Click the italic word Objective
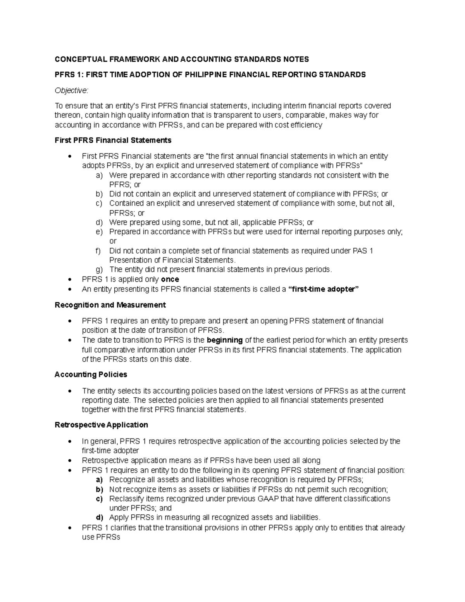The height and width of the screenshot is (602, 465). click(71, 90)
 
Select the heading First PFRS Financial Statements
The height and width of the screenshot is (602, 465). click(113, 140)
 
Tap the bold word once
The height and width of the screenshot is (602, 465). click(170, 279)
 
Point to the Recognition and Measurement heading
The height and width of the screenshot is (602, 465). click(110, 305)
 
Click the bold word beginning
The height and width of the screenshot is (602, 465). click(225, 340)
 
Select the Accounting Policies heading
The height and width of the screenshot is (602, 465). click(91, 375)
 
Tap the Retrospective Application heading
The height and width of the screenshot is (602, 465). click(101, 425)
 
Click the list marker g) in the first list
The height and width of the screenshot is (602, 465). click(99, 270)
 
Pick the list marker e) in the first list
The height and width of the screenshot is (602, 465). click(99, 232)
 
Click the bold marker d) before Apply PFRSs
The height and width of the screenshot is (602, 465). click(100, 517)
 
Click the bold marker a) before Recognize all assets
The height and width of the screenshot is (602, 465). click(99, 480)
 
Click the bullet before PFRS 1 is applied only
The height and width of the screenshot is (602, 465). click(69, 279)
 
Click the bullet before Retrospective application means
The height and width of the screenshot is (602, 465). click(69, 461)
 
